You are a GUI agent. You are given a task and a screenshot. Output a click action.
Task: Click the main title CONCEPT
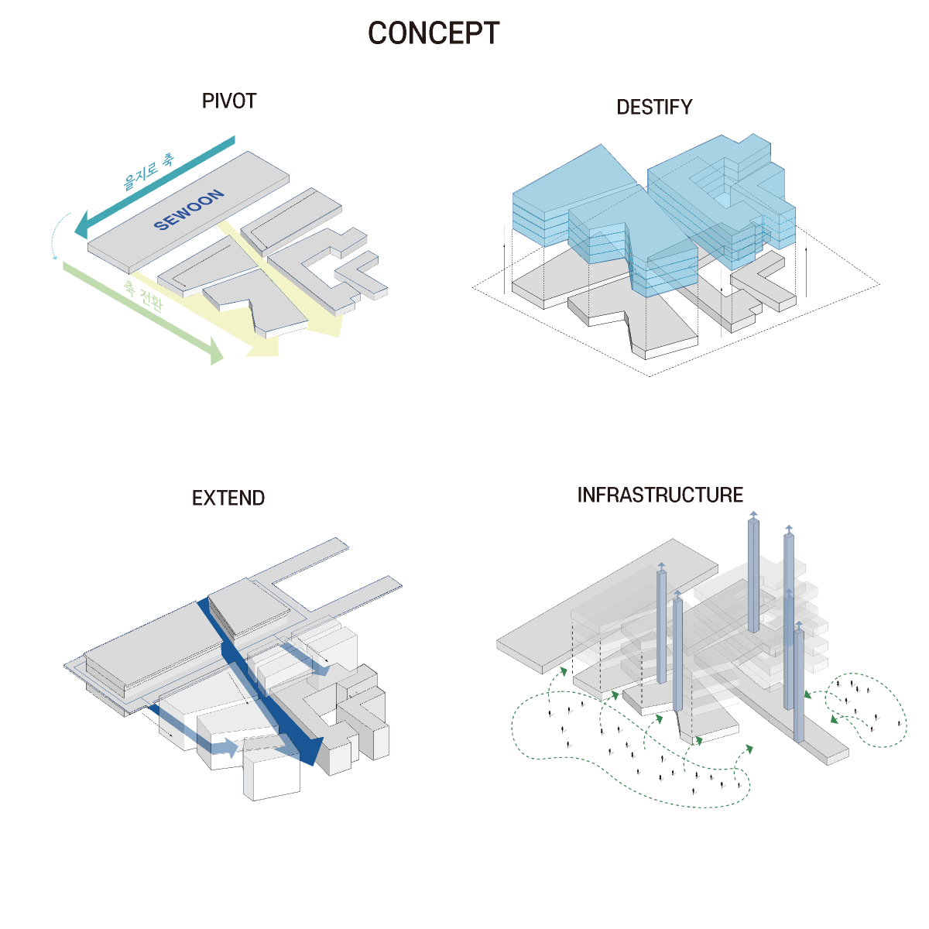pyautogui.click(x=434, y=33)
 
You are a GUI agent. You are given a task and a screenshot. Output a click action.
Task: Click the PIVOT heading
pyautogui.click(x=228, y=101)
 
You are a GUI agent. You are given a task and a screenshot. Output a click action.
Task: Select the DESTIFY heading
pyautogui.click(x=654, y=108)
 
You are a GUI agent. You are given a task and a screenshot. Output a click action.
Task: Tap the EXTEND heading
pyautogui.click(x=228, y=498)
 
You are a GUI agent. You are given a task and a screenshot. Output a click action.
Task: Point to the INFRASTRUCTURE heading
pyautogui.click(x=660, y=495)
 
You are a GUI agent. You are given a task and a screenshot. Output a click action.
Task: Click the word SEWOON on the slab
pyautogui.click(x=190, y=210)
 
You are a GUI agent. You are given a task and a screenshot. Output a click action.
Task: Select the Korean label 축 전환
pyautogui.click(x=144, y=296)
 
